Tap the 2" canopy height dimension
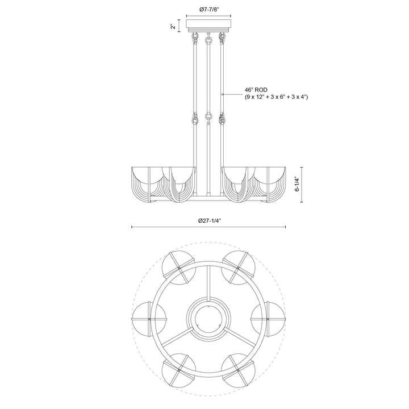click(173, 27)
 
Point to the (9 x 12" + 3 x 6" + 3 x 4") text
click(277, 97)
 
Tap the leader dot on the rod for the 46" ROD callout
click(223, 94)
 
